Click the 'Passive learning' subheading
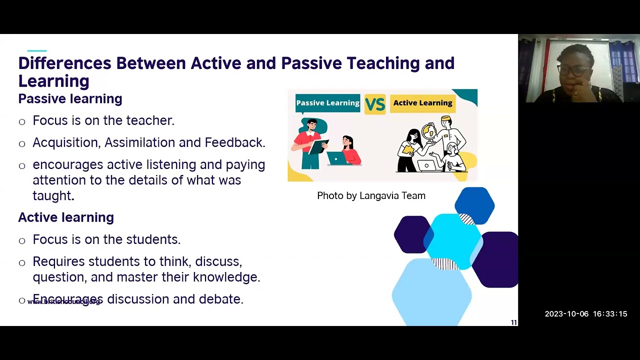click(70, 99)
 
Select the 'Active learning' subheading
click(66, 217)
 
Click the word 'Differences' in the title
click(64, 63)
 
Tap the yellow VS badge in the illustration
click(374, 104)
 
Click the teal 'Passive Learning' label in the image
click(327, 103)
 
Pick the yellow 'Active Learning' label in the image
click(422, 103)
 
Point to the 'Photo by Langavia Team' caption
click(371, 196)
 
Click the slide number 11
click(513, 322)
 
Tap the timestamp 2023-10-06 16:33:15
click(585, 314)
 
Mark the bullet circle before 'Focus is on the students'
click(22, 240)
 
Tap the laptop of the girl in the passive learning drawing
click(337, 158)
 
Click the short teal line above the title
click(37, 50)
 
